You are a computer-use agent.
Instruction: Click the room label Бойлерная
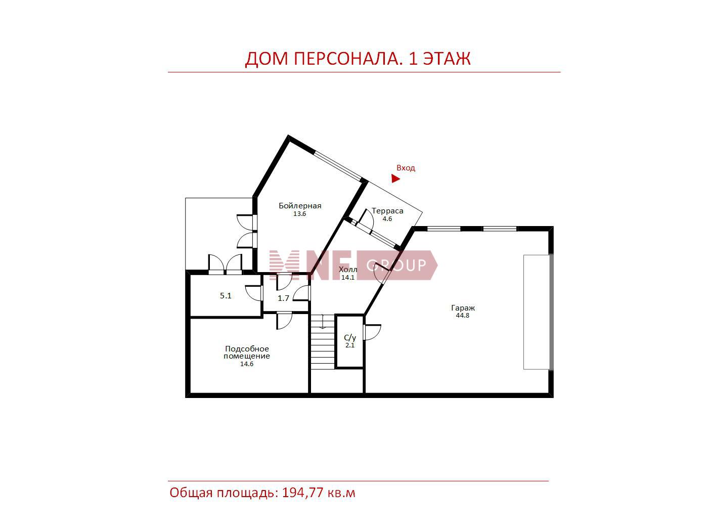click(300, 206)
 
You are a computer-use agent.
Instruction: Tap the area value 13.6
click(299, 214)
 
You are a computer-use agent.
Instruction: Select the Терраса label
click(387, 211)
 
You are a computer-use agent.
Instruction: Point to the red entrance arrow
click(395, 179)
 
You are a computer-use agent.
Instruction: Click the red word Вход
click(406, 168)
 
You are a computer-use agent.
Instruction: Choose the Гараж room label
click(463, 308)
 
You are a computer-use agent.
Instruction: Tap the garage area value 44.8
click(462, 316)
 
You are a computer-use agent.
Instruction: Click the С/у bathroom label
click(349, 337)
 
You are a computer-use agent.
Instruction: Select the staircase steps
click(322, 342)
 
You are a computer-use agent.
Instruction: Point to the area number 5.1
click(226, 296)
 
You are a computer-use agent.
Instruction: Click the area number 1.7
click(283, 298)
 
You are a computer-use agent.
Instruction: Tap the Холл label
click(348, 270)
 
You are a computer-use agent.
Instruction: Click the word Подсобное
click(247, 349)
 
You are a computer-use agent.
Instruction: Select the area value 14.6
click(247, 364)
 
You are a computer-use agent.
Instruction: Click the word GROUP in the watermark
click(396, 265)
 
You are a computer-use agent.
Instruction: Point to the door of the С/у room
click(372, 332)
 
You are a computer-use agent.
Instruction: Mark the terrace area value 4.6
click(387, 219)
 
